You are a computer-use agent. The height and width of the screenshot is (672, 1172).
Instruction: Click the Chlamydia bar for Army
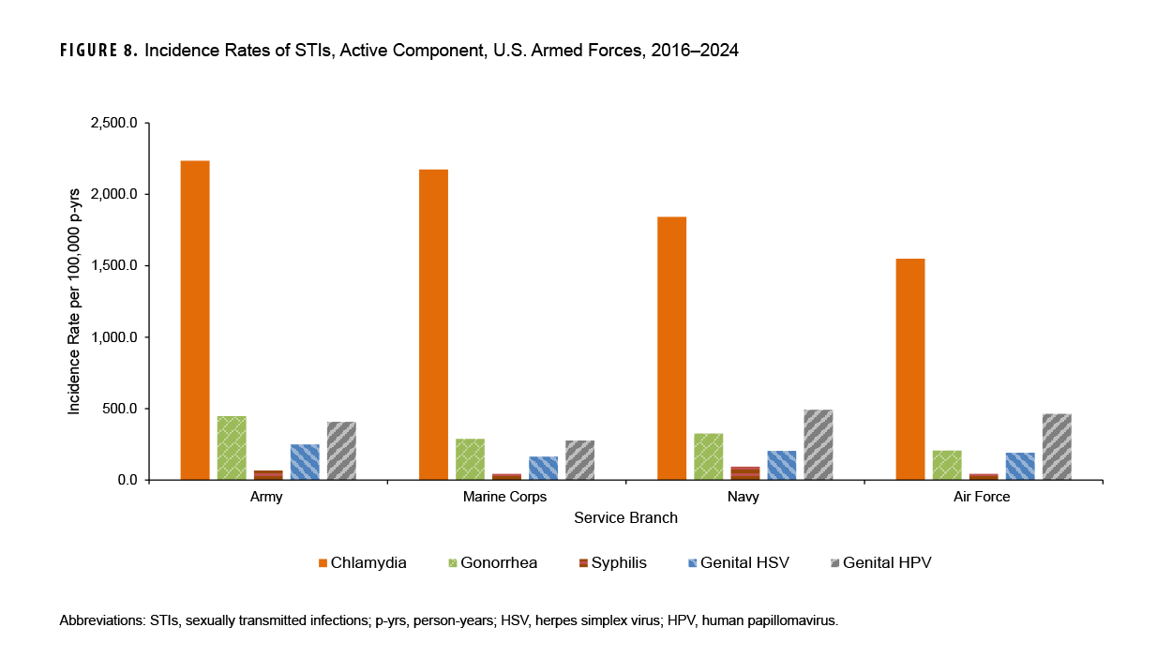(x=195, y=320)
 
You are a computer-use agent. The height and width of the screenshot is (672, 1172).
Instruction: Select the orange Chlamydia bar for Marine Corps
(x=433, y=324)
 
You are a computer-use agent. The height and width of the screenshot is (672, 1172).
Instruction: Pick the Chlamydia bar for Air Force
(x=910, y=369)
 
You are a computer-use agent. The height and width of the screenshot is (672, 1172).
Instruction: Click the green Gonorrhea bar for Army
(x=232, y=448)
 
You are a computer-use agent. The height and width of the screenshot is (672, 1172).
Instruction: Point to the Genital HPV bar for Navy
(x=819, y=445)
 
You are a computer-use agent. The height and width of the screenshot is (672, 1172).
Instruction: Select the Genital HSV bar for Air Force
(x=1020, y=467)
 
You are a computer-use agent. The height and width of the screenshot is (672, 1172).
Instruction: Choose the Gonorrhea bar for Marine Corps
(x=470, y=459)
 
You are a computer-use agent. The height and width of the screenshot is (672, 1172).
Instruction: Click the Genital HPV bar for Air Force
(x=1057, y=447)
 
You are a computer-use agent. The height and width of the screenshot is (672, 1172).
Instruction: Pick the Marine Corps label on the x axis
(x=506, y=497)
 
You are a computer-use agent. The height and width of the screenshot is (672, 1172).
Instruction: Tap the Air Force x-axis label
(x=983, y=497)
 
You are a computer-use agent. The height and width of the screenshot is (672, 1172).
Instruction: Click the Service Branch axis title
(x=625, y=517)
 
